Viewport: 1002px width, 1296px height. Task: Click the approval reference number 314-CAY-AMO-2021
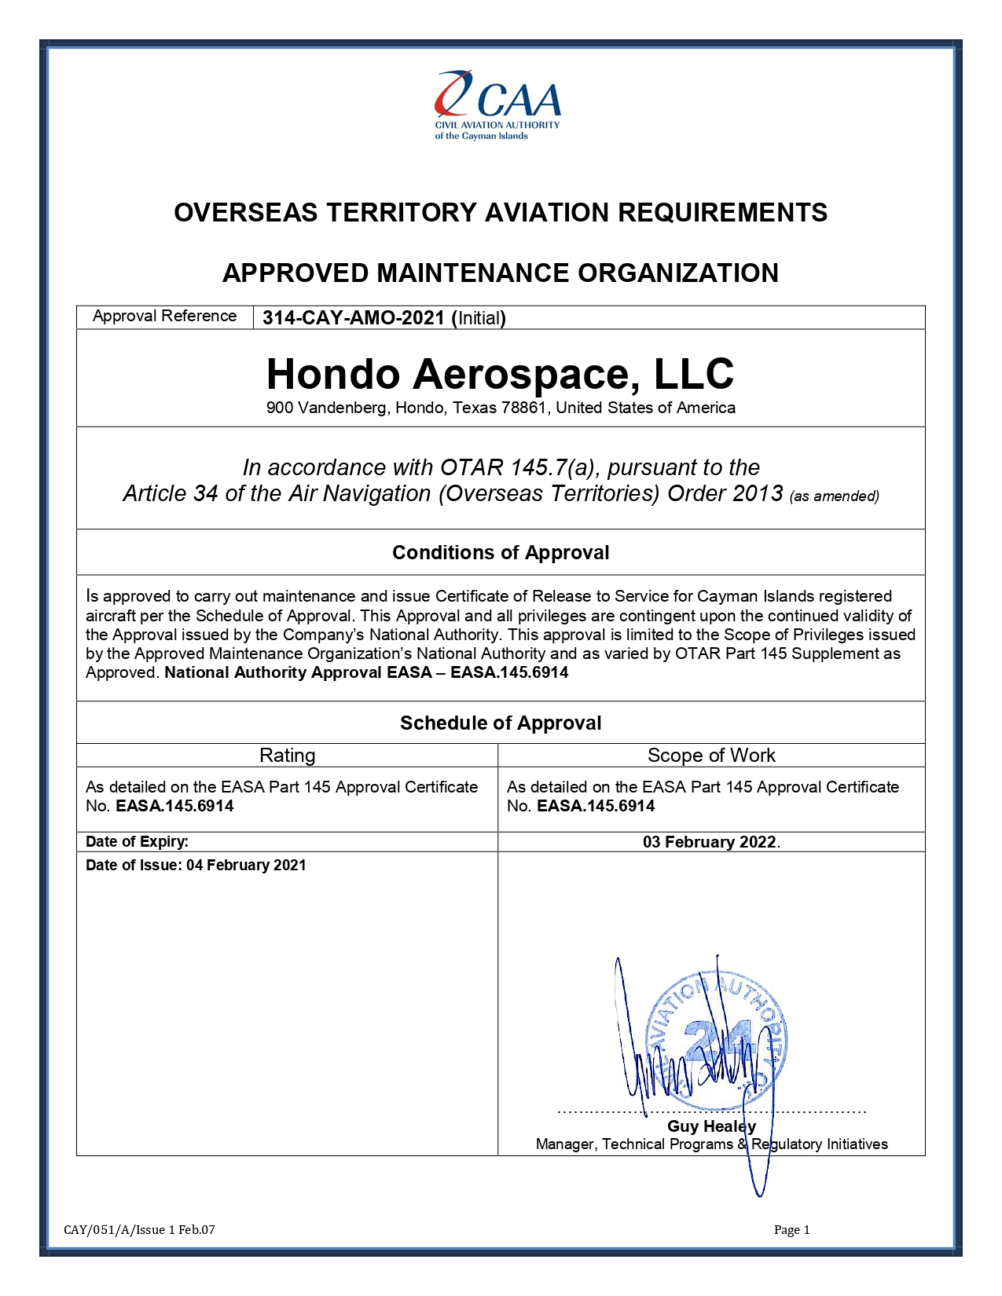pyautogui.click(x=354, y=318)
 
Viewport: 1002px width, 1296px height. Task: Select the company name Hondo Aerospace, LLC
pyautogui.click(x=501, y=374)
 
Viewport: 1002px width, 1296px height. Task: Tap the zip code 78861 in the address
pyautogui.click(x=524, y=408)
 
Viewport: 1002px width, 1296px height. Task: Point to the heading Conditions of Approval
pyautogui.click(x=501, y=553)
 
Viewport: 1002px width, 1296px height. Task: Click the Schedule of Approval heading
pyautogui.click(x=501, y=723)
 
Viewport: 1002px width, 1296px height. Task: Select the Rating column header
pyautogui.click(x=287, y=756)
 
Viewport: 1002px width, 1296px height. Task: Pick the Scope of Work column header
pyautogui.click(x=711, y=756)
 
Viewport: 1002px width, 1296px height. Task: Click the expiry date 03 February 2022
pyautogui.click(x=710, y=842)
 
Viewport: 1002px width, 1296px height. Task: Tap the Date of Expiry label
pyautogui.click(x=137, y=842)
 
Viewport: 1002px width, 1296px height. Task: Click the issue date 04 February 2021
pyautogui.click(x=246, y=866)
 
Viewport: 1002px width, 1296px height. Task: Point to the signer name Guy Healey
pyautogui.click(x=711, y=1126)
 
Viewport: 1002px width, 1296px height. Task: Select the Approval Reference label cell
pyautogui.click(x=164, y=317)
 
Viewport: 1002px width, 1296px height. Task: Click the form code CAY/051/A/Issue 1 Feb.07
pyautogui.click(x=139, y=1230)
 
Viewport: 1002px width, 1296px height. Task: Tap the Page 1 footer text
pyautogui.click(x=791, y=1230)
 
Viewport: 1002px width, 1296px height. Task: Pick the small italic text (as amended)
pyautogui.click(x=834, y=496)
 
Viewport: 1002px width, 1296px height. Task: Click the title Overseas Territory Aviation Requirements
pyautogui.click(x=501, y=213)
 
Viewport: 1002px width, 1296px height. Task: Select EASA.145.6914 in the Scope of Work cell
pyautogui.click(x=596, y=807)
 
